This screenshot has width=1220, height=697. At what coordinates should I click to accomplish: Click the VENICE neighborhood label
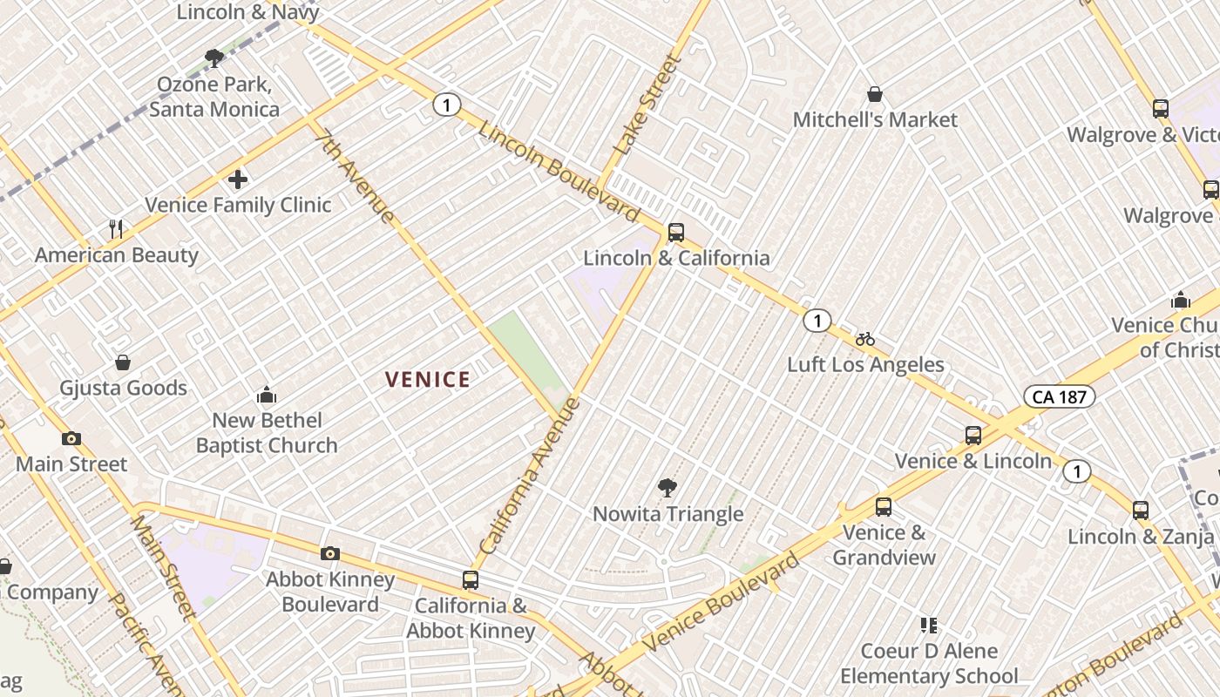(x=428, y=379)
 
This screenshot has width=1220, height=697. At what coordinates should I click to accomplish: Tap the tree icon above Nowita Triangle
(x=668, y=488)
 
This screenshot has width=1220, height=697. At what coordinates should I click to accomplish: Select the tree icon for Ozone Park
(x=213, y=58)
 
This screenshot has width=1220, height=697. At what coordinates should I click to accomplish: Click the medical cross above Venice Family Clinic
(x=237, y=179)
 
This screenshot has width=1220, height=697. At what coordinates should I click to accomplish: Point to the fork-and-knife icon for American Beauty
(x=116, y=229)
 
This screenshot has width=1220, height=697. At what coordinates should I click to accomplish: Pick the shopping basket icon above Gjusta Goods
(x=123, y=362)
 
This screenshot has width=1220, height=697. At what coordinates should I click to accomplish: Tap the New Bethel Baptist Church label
(x=267, y=433)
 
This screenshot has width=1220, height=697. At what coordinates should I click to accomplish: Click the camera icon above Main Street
(x=71, y=438)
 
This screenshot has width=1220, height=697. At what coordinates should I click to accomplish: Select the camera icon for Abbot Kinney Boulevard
(x=329, y=553)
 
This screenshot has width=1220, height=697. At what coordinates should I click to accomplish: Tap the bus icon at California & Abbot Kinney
(x=471, y=579)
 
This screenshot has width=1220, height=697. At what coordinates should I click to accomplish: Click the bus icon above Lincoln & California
(x=675, y=233)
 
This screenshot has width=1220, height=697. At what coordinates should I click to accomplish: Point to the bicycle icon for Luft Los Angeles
(x=864, y=339)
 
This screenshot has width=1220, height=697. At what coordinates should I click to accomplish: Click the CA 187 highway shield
(x=1059, y=396)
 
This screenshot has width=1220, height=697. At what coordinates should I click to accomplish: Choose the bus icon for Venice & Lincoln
(x=973, y=436)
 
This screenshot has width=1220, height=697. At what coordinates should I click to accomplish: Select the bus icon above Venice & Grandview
(x=884, y=506)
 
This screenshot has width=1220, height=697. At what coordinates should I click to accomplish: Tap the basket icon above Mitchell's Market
(x=875, y=94)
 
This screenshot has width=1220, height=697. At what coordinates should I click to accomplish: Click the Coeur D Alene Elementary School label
(x=929, y=663)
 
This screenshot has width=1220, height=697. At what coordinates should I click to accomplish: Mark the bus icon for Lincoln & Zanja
(x=1141, y=511)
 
